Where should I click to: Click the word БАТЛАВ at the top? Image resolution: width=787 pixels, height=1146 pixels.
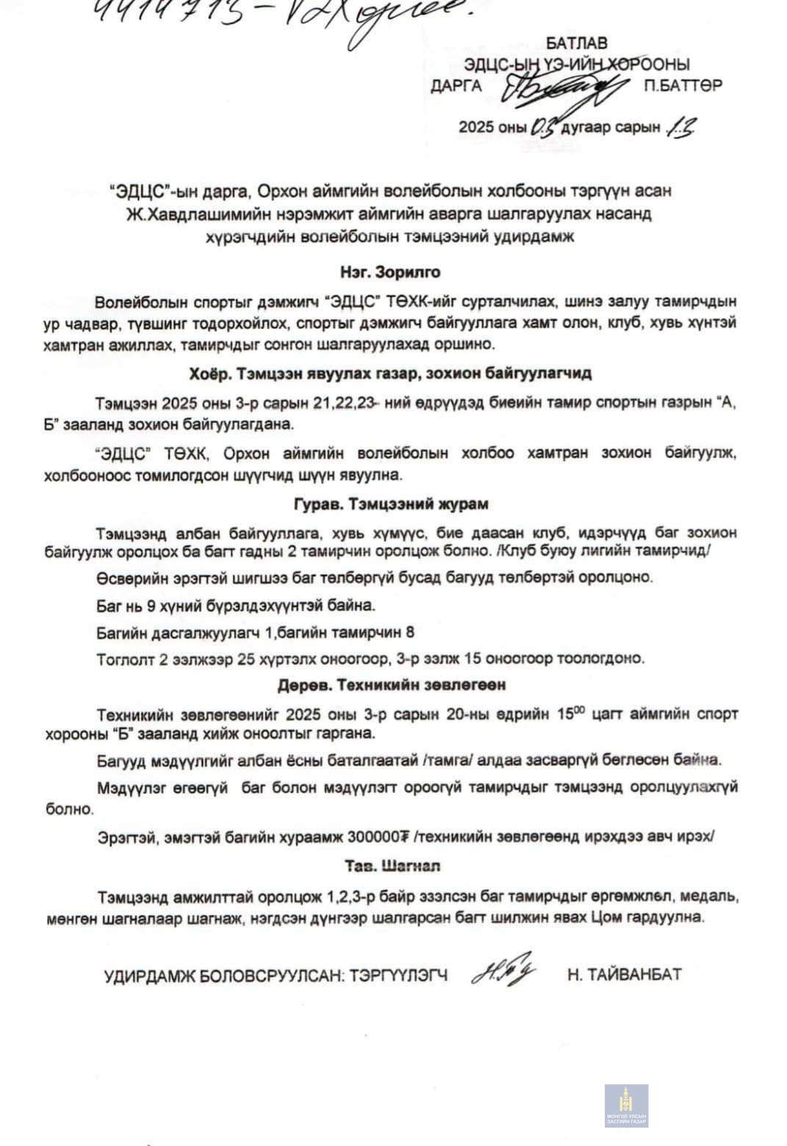point(576,43)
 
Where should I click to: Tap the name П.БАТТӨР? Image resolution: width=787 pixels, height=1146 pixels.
point(682,85)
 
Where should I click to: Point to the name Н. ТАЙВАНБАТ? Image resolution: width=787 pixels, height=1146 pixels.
point(624,974)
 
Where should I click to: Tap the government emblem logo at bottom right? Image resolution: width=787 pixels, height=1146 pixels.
point(626,1106)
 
